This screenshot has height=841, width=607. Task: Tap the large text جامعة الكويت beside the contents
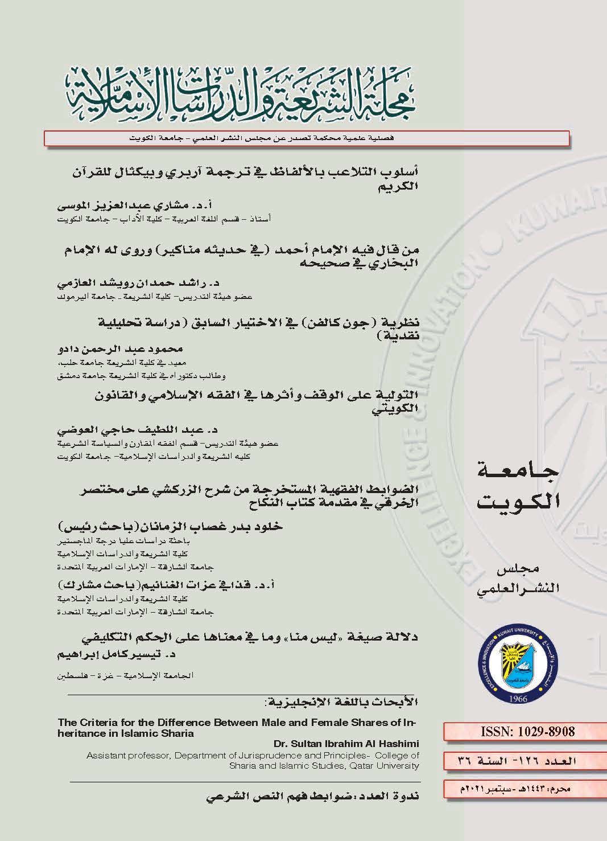pos(516,486)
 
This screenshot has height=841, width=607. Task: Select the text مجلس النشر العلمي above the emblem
pos(517,581)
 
